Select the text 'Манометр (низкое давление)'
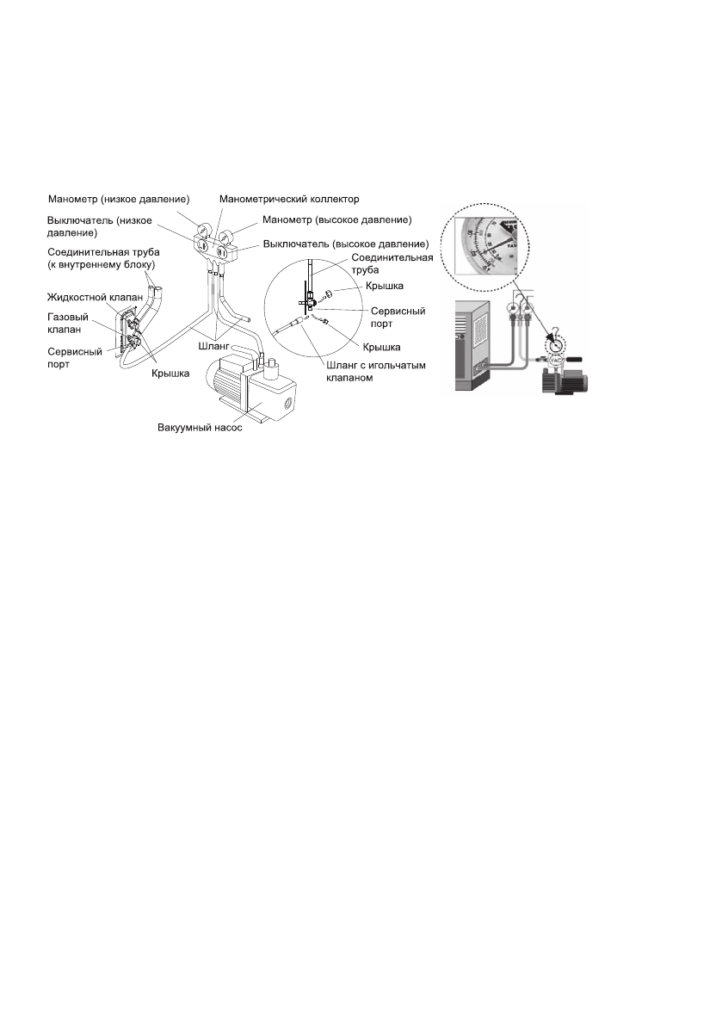[119, 200]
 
